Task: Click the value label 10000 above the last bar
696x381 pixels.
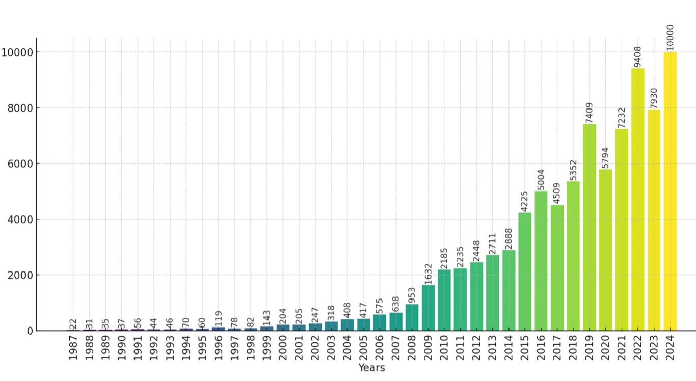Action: [x=670, y=37]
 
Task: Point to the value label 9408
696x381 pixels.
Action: [x=637, y=57]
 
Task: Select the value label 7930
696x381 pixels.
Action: [x=654, y=98]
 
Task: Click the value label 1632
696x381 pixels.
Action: [x=428, y=274]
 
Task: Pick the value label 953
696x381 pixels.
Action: [x=412, y=294]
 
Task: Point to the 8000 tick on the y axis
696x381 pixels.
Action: [x=20, y=108]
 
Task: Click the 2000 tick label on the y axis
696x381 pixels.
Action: [x=20, y=275]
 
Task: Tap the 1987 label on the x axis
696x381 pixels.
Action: [x=73, y=348]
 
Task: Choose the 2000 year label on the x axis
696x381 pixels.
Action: [x=283, y=348]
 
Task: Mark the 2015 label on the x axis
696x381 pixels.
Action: [x=525, y=348]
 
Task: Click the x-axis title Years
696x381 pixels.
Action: [x=371, y=368]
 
